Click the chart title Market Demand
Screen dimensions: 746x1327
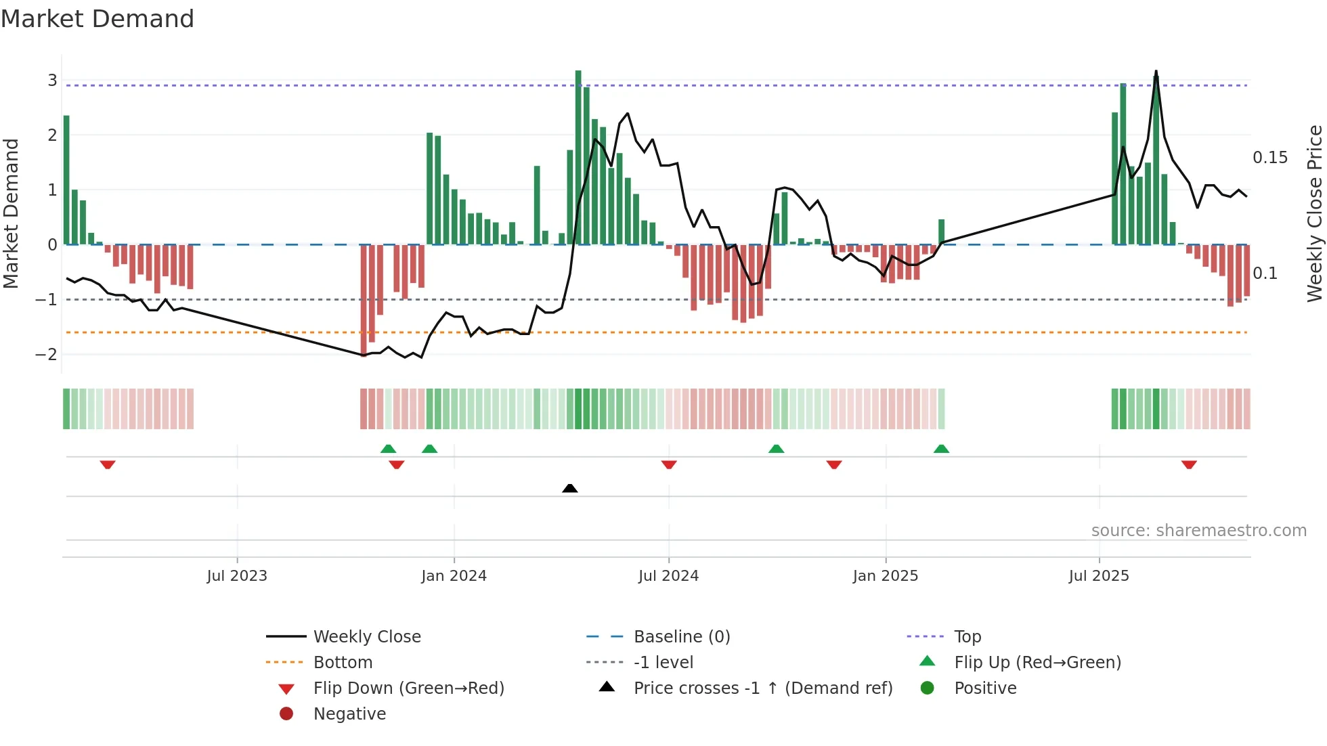tap(97, 19)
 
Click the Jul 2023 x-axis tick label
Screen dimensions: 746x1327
tap(237, 576)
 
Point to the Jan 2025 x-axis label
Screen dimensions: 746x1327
tap(885, 576)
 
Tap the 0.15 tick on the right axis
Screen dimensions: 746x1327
tap(1269, 158)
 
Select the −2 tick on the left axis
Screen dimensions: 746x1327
tap(46, 354)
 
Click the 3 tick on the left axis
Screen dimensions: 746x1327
tap(52, 81)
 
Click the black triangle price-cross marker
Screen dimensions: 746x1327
tap(570, 488)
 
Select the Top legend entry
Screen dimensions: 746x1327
tap(967, 637)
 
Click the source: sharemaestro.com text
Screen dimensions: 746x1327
tap(1198, 531)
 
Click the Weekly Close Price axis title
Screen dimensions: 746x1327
tap(1314, 213)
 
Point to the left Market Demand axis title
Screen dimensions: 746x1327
tap(11, 213)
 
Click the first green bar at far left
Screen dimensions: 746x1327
tap(66, 179)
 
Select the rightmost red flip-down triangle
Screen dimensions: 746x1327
tap(1189, 464)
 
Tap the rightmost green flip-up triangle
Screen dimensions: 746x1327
tap(941, 449)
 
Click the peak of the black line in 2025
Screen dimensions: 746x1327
tap(1156, 71)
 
